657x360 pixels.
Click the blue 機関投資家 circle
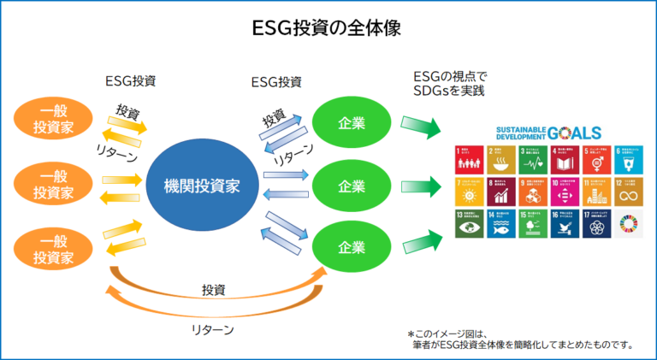(x=203, y=185)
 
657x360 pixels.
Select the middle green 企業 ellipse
(x=352, y=186)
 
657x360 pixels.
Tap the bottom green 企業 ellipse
(x=352, y=247)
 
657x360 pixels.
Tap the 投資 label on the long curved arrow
(x=214, y=290)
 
